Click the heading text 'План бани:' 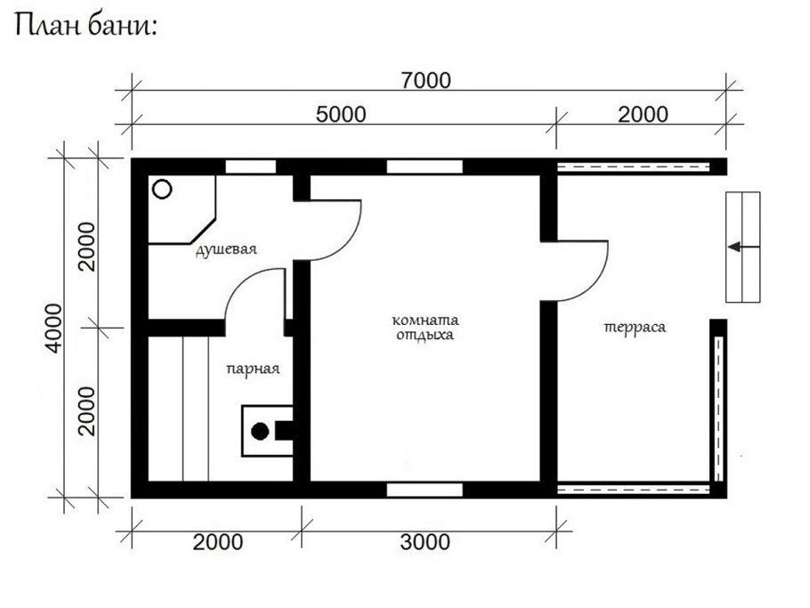pos(85,26)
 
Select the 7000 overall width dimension pos(426,81)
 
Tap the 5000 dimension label pos(341,115)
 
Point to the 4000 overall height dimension pos(53,328)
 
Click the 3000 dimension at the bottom pos(425,542)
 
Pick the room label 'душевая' pos(226,249)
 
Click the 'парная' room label pos(253,369)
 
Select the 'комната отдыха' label pos(425,328)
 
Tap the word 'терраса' pos(635,328)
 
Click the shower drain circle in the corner pos(162,189)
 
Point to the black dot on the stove pos(260,432)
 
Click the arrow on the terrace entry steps pos(743,247)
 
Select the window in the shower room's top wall pos(250,166)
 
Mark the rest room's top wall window pos(425,166)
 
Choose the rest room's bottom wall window pos(425,490)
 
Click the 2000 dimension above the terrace pos(644,115)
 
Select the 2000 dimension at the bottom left pos(218,542)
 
